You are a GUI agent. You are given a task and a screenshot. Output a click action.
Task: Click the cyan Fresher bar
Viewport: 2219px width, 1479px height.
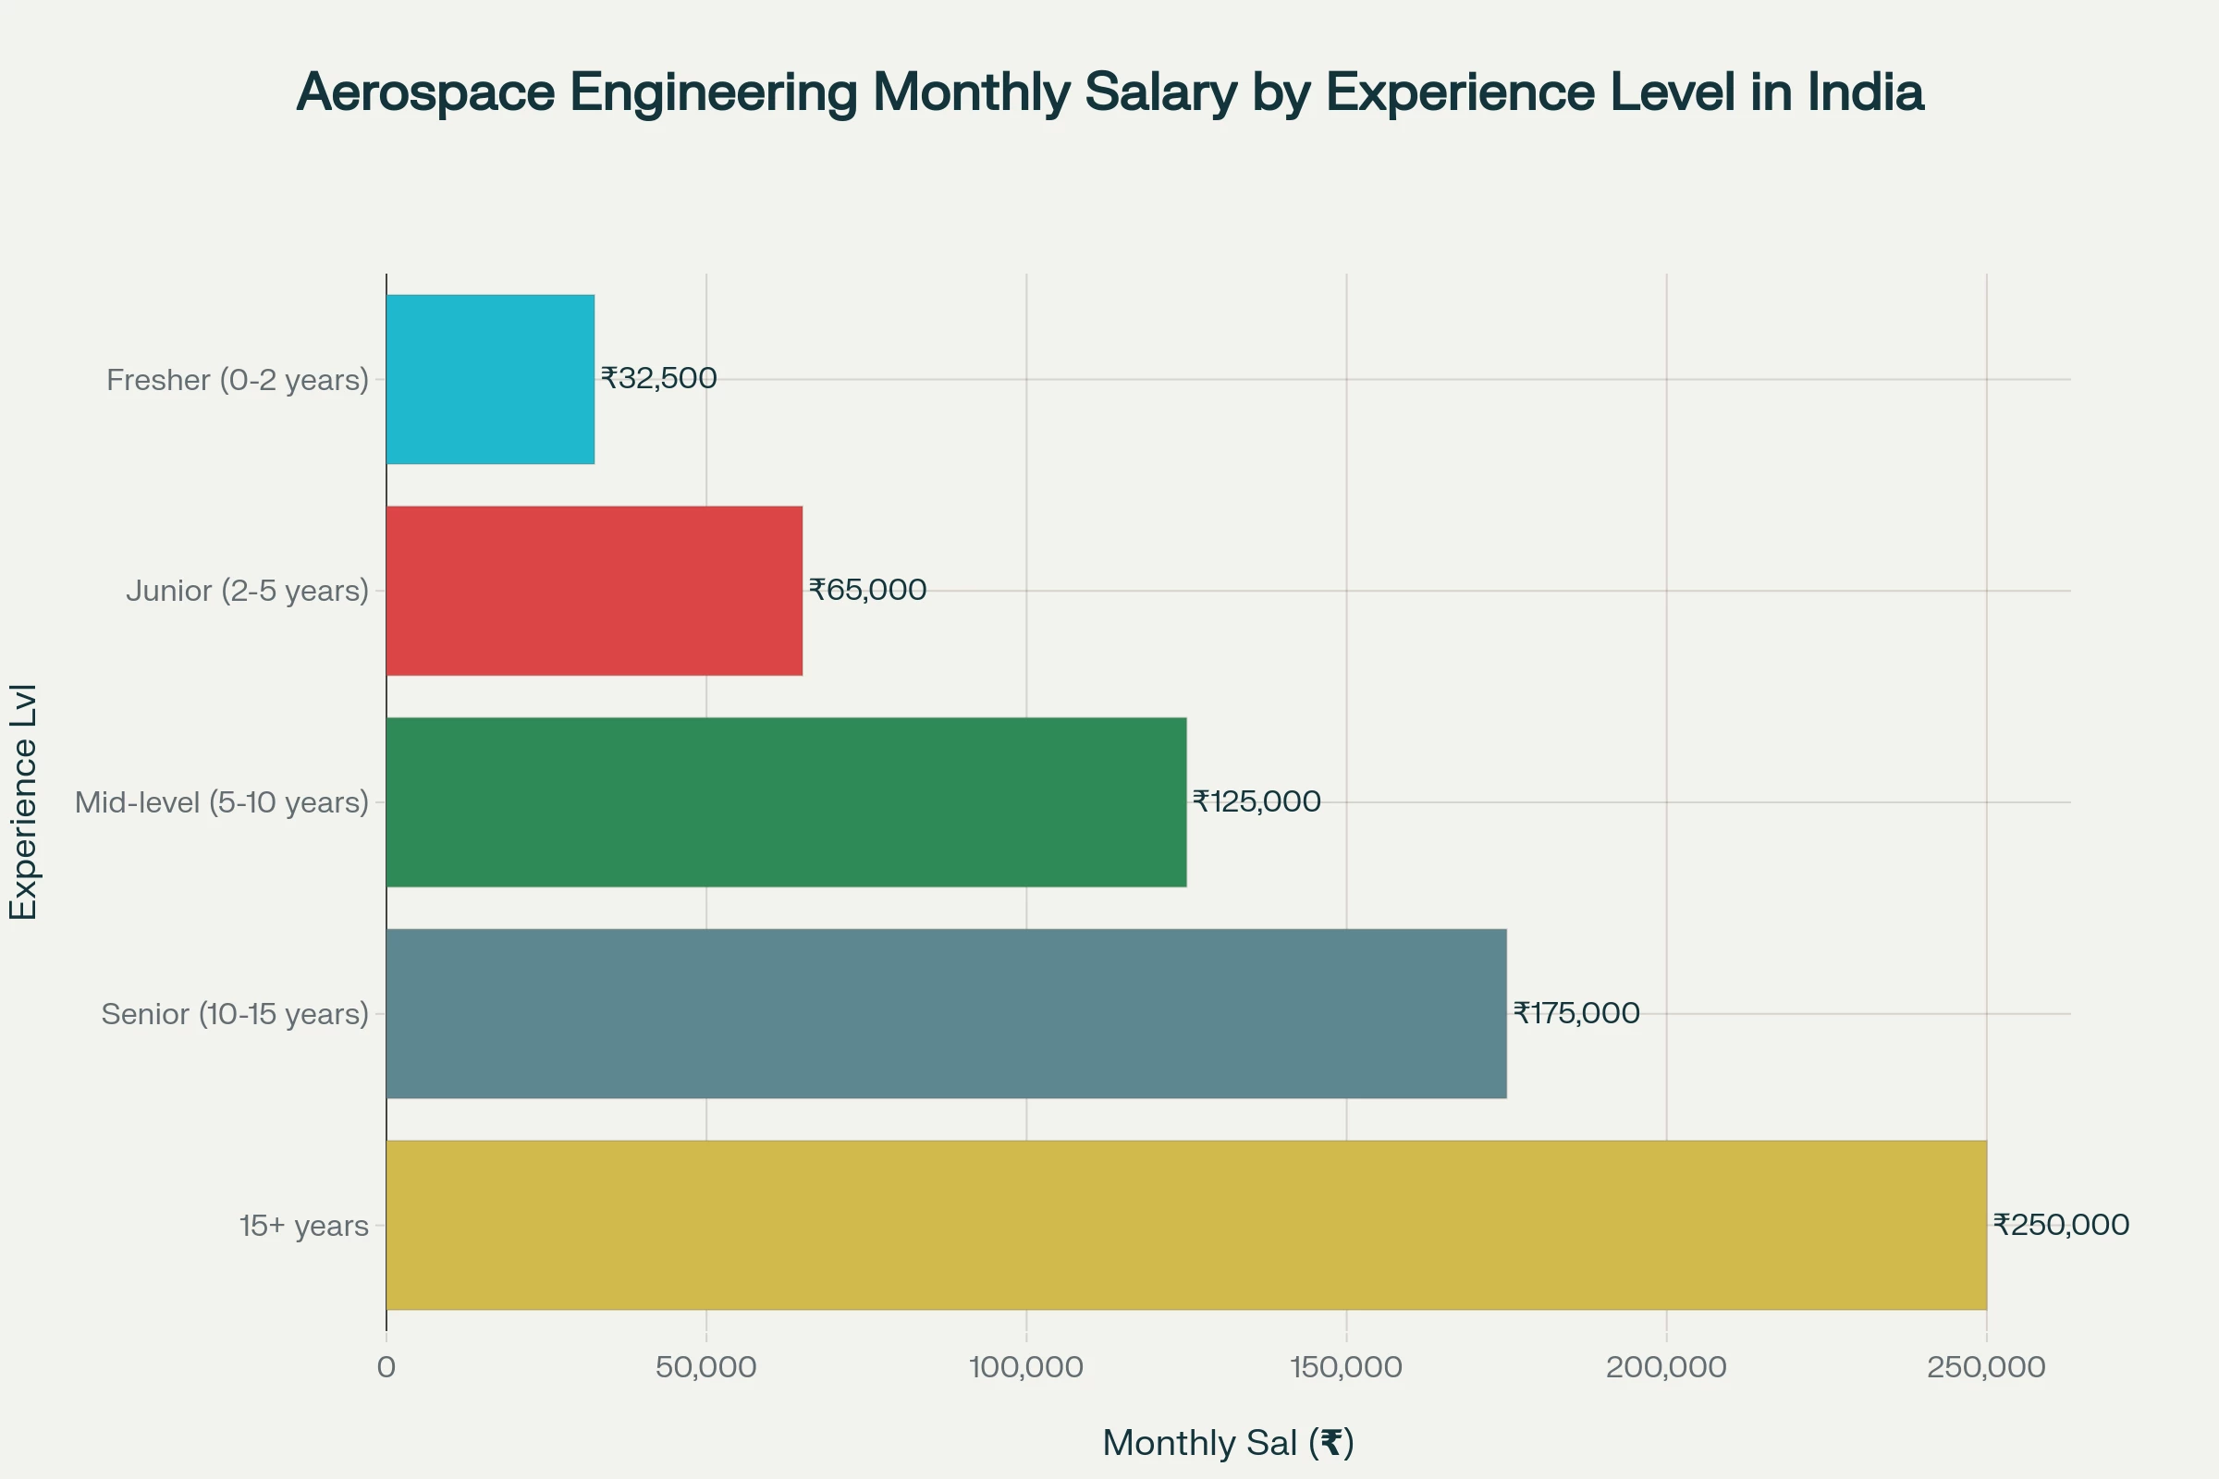[x=490, y=379]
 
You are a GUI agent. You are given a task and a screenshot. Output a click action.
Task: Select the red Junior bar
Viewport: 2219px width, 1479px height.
[x=595, y=591]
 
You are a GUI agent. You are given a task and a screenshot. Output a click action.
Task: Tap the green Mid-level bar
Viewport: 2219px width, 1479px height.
[x=786, y=801]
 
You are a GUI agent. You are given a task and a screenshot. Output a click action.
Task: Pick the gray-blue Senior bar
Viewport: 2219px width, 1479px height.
[x=945, y=1013]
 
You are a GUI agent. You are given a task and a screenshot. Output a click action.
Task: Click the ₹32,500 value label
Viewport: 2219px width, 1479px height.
[x=658, y=378]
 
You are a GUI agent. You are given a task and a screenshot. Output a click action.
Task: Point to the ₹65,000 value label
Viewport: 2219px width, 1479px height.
[x=867, y=590]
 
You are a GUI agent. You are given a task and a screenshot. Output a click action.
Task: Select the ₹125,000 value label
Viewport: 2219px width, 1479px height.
[x=1256, y=801]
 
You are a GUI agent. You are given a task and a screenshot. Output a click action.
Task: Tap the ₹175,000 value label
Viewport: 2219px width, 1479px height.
[x=1575, y=1013]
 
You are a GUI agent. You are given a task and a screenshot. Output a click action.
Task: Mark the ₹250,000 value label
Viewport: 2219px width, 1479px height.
[x=2061, y=1224]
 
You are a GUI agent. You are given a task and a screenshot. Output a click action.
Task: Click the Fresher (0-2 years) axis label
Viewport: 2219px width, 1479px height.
[x=238, y=380]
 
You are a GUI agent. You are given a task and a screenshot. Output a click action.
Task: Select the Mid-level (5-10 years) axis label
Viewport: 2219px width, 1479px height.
[x=222, y=802]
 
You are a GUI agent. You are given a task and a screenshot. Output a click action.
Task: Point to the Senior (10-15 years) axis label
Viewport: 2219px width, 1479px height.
[x=235, y=1014]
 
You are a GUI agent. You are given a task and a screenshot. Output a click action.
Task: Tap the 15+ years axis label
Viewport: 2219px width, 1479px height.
[x=304, y=1226]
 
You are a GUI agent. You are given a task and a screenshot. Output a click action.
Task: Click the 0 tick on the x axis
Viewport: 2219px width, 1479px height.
[x=386, y=1367]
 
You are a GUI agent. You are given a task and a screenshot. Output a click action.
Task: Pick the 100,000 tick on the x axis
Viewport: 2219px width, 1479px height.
[x=1025, y=1367]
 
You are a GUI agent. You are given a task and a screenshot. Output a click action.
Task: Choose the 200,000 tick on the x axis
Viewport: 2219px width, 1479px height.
[x=1666, y=1367]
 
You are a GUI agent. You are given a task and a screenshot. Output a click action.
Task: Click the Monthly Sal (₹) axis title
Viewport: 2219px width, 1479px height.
[x=1228, y=1442]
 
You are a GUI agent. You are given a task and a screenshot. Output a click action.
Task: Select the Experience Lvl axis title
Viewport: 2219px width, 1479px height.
[x=24, y=801]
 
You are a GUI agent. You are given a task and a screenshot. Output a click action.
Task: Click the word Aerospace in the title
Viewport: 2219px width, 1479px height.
[x=425, y=92]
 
